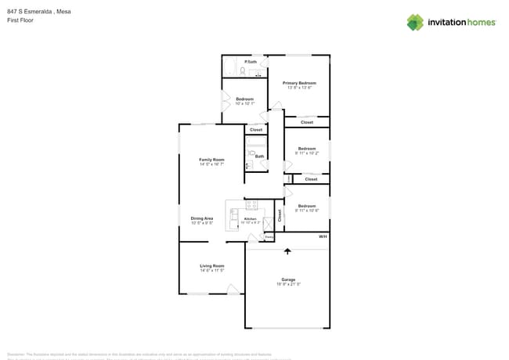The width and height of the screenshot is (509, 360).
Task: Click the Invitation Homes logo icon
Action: pos(415,22)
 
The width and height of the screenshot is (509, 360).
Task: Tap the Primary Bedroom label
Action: pos(299,82)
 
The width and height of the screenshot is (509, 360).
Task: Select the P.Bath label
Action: pos(251,62)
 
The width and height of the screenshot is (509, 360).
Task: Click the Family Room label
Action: pos(211,160)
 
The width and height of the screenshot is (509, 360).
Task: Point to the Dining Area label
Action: pos(202,218)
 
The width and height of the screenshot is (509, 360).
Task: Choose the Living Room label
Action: pos(211,266)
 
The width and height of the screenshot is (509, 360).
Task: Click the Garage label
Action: pos(288,279)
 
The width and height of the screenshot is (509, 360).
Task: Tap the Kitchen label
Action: pos(251,219)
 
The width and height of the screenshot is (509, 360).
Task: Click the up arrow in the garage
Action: pos(287,251)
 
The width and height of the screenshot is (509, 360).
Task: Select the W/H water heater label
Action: pos(322,236)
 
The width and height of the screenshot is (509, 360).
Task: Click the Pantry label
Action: pos(269,236)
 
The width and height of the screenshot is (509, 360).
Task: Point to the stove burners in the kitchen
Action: pos(252,205)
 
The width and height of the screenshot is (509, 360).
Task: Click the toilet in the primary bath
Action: pos(244,71)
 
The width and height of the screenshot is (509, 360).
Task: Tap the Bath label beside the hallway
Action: pos(258,156)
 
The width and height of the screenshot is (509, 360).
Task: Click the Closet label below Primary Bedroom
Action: pos(307,122)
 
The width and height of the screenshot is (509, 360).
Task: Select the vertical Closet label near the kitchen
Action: pos(280,214)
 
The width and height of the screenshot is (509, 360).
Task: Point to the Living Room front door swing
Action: pos(233,290)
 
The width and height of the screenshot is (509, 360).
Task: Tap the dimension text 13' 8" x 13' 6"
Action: pos(299,88)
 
